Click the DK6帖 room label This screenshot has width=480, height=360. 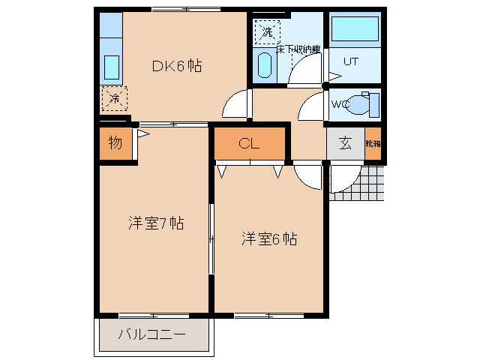177,66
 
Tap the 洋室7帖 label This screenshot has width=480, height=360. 155,223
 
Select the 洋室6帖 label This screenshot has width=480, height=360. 269,239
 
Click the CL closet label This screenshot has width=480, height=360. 249,144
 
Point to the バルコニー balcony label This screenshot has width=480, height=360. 151,334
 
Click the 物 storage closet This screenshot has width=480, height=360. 115,143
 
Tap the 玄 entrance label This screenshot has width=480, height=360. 345,144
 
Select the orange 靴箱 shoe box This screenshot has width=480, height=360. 373,144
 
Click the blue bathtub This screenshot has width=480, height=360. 355,29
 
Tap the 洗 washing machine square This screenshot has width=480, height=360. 267,31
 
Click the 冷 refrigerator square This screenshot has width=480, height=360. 114,97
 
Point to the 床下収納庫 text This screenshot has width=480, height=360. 298,49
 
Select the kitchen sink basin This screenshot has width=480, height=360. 111,67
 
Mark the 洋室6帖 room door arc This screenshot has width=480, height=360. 307,177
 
